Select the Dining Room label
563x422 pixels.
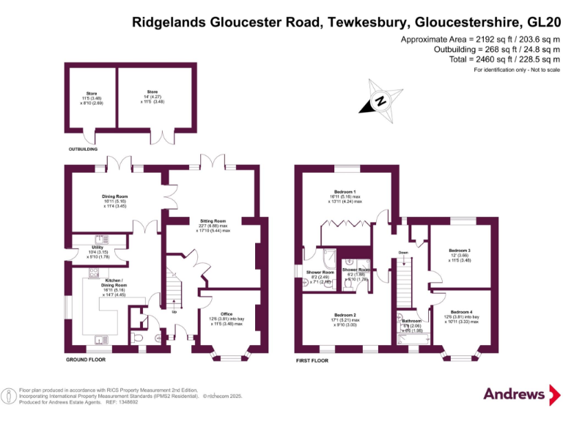tap(114, 196)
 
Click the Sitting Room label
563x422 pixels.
tap(213, 221)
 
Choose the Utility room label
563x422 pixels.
tap(97, 247)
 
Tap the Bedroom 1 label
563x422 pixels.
tap(344, 193)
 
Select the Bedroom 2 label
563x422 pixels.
tap(345, 316)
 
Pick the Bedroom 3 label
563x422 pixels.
tap(460, 251)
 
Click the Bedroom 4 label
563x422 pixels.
tap(462, 312)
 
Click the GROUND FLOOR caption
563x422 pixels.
tap(87, 360)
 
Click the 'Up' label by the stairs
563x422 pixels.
tap(174, 312)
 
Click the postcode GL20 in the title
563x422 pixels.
tap(538, 22)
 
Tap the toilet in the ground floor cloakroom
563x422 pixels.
tap(139, 337)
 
